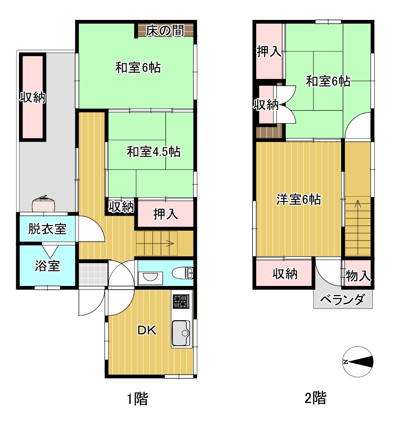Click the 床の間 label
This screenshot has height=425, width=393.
pyautogui.click(x=165, y=31)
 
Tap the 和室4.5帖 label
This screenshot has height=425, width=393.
pyautogui.click(x=154, y=152)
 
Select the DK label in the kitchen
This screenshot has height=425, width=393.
pyautogui.click(x=147, y=330)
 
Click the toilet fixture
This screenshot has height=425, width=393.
pyautogui.click(x=183, y=273)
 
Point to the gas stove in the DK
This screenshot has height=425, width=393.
pyautogui.click(x=181, y=301)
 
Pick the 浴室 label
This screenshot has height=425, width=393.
pyautogui.click(x=47, y=266)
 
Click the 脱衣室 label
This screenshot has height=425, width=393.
pyautogui.click(x=47, y=229)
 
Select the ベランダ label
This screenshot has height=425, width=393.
pyautogui.click(x=342, y=299)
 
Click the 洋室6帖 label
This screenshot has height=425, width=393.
pyautogui.click(x=298, y=200)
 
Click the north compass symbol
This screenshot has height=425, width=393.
pyautogui.click(x=358, y=362)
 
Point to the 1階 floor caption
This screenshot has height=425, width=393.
pyautogui.click(x=138, y=399)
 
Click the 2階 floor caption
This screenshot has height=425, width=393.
pyautogui.click(x=316, y=398)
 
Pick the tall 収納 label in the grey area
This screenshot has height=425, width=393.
pyautogui.click(x=33, y=97)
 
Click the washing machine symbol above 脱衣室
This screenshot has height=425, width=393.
pyautogui.click(x=43, y=204)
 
